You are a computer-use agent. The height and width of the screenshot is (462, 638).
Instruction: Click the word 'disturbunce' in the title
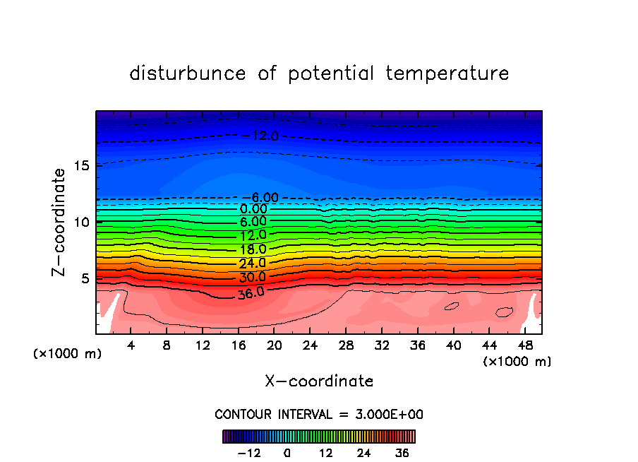[188, 73]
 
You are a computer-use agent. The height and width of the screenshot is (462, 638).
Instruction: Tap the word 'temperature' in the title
[447, 73]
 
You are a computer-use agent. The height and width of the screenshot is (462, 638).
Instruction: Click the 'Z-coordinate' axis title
[59, 222]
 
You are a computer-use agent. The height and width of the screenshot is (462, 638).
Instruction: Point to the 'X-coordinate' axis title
[319, 381]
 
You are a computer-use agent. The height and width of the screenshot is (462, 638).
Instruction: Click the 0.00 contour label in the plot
[253, 209]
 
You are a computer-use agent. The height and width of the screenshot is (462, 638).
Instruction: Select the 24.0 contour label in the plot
[252, 263]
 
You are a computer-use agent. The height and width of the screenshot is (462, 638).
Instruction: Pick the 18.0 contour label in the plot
[252, 249]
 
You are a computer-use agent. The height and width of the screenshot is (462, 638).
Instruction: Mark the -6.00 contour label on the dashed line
[264, 197]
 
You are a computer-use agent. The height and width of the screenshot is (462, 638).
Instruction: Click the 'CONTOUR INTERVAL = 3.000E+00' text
[319, 414]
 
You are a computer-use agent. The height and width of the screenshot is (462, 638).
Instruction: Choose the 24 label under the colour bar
[364, 453]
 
